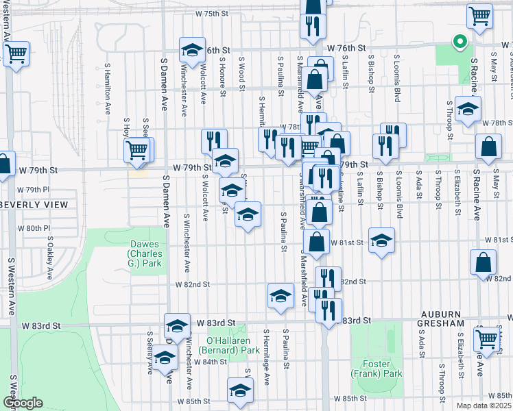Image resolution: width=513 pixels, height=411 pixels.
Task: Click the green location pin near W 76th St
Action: click(x=460, y=42)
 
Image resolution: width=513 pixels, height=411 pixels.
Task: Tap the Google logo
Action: click(x=22, y=403)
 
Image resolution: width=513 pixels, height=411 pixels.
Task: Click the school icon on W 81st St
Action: click(x=381, y=240)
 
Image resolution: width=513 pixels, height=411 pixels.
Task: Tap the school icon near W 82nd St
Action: click(x=280, y=295)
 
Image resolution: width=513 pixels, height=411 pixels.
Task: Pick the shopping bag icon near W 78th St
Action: click(x=488, y=147)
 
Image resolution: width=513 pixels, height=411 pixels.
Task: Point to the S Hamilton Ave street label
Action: click(x=108, y=89)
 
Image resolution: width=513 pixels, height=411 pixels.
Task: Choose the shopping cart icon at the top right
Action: click(x=479, y=14)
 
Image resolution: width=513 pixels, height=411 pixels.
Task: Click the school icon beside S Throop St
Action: click(x=468, y=108)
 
